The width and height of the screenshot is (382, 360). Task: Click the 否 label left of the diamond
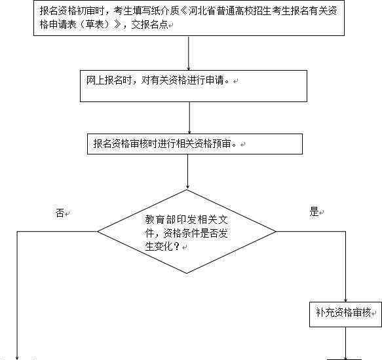pyautogui.click(x=60, y=213)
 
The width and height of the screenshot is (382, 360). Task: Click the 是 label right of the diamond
pyautogui.click(x=314, y=211)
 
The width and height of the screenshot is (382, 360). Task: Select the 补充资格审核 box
pyautogui.click(x=345, y=314)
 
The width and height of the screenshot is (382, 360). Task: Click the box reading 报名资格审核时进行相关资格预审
pyautogui.click(x=195, y=144)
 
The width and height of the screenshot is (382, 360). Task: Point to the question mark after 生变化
pyautogui.click(x=177, y=247)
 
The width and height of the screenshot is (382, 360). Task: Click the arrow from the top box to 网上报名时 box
pyautogui.click(x=188, y=53)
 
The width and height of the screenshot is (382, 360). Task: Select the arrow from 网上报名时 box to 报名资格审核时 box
pyautogui.click(x=189, y=118)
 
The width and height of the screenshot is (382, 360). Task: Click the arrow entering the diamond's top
pyautogui.click(x=187, y=172)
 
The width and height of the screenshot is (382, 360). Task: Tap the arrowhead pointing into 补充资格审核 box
pyautogui.click(x=345, y=300)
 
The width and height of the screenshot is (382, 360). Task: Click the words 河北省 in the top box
pyautogui.click(x=202, y=11)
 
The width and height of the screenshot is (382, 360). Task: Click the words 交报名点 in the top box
pyautogui.click(x=149, y=25)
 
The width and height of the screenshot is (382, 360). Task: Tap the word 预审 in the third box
pyautogui.click(x=221, y=143)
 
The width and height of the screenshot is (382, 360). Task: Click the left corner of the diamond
pyautogui.click(x=98, y=231)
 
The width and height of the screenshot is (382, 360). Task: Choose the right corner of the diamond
pyautogui.click(x=277, y=231)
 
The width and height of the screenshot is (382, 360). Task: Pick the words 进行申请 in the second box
pyautogui.click(x=205, y=80)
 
